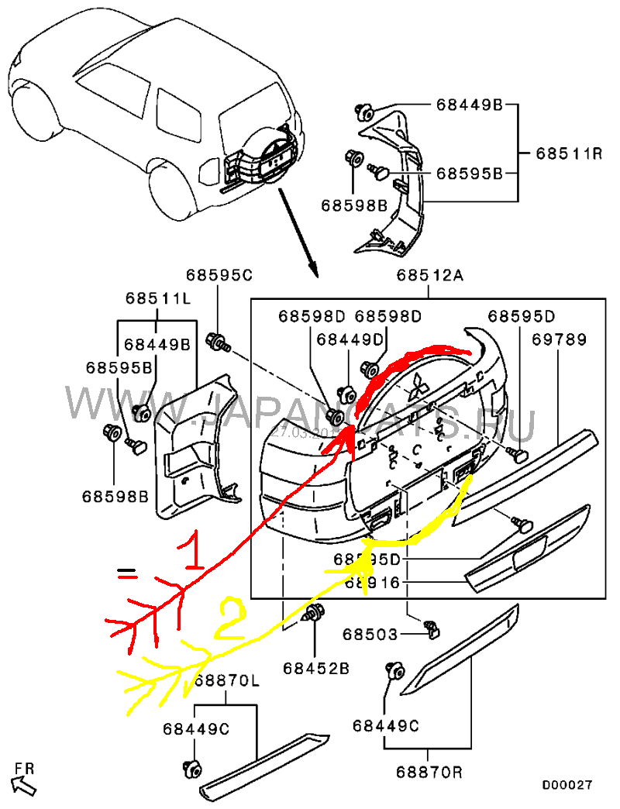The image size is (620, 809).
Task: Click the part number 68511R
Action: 569,153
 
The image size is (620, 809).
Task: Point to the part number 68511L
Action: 158,299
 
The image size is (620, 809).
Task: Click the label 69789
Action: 559,339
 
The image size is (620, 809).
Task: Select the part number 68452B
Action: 315,666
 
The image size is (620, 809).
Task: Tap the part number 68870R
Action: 429,772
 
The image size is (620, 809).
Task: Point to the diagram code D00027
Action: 567,784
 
